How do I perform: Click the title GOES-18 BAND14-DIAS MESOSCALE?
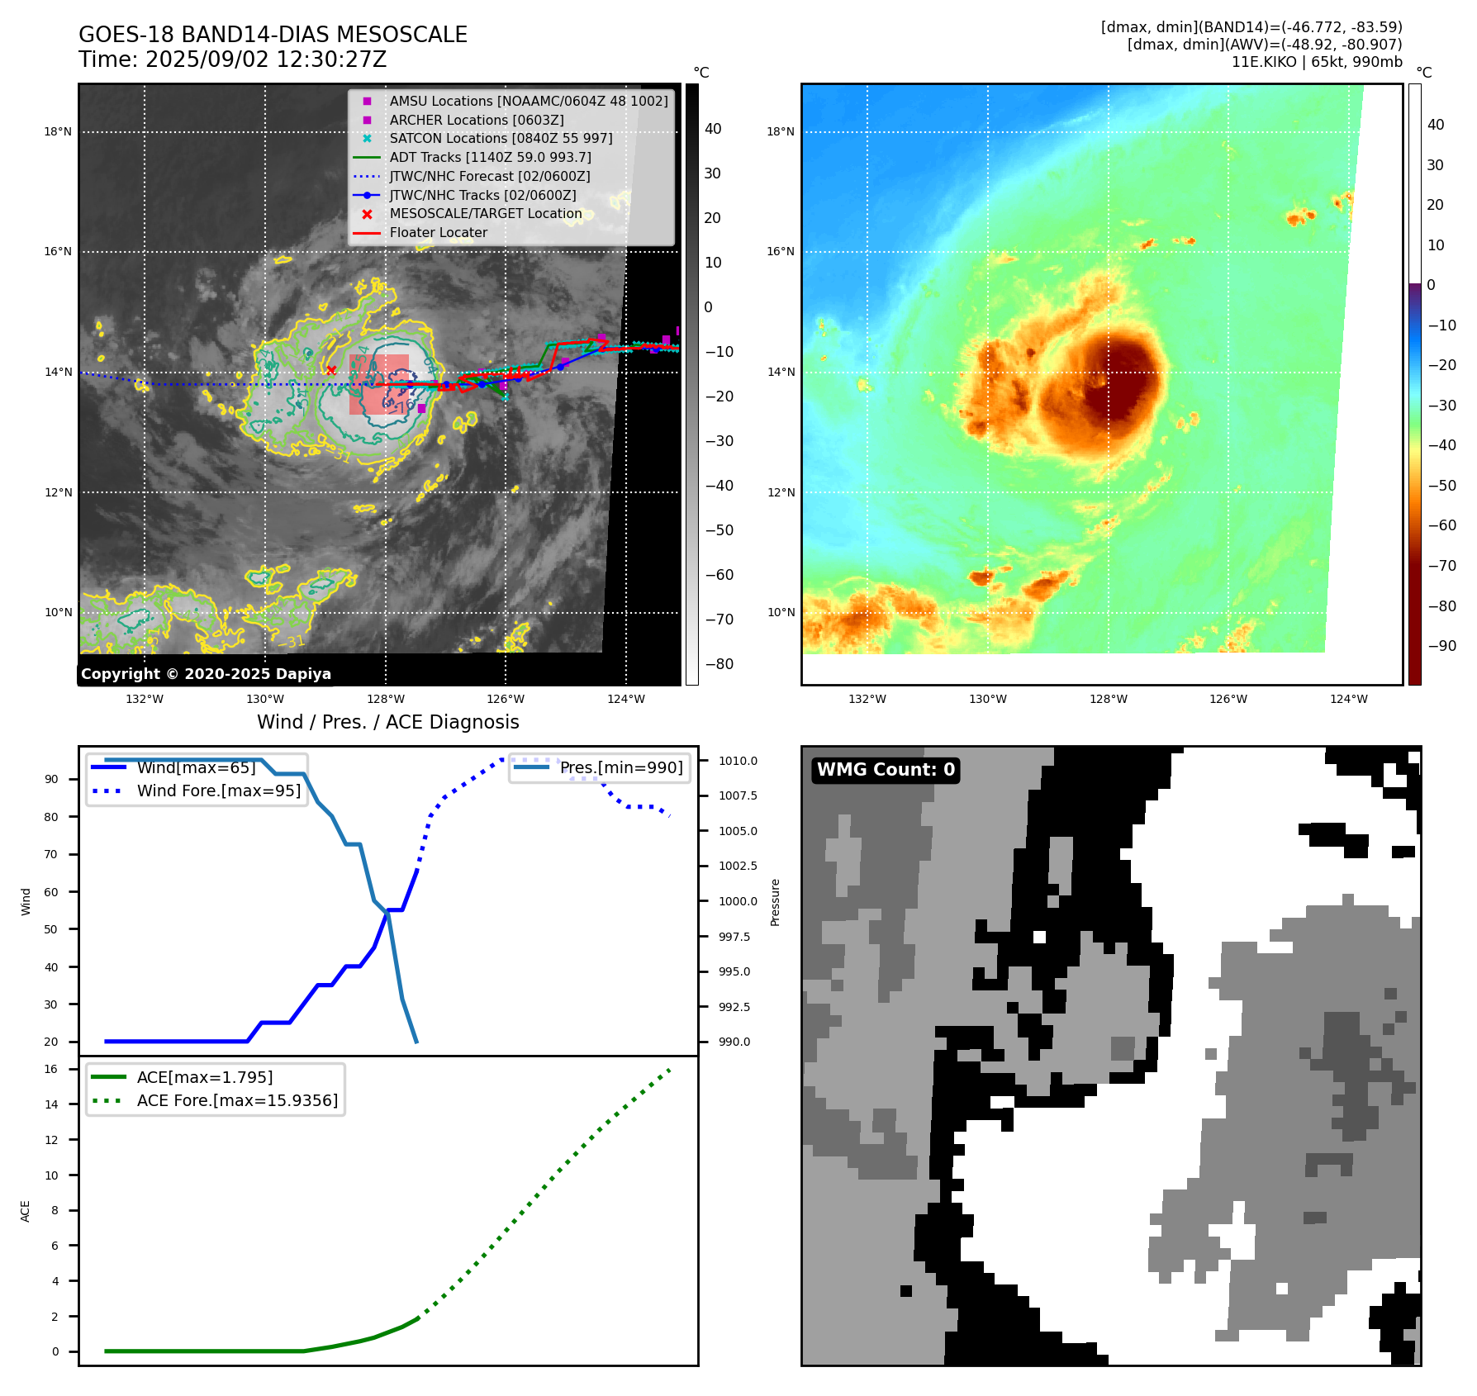click(x=273, y=35)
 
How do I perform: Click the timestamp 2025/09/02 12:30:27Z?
click(x=265, y=59)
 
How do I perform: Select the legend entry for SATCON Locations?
click(x=501, y=139)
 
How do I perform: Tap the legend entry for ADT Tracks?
click(x=490, y=157)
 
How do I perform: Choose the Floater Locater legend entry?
click(x=438, y=233)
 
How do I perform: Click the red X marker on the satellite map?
click(x=331, y=371)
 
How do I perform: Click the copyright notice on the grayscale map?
click(x=206, y=674)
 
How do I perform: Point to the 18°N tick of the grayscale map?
click(x=58, y=132)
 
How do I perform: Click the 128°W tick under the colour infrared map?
click(x=1108, y=700)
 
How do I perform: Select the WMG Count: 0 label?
click(x=886, y=770)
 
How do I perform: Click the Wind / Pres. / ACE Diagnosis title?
click(x=388, y=723)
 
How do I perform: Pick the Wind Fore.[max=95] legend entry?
click(x=219, y=791)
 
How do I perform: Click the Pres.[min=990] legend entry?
click(x=621, y=768)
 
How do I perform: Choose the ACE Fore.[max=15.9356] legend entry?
click(x=237, y=1101)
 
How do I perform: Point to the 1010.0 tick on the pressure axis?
click(x=738, y=761)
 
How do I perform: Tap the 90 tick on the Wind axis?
click(x=52, y=780)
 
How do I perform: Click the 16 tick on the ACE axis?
click(x=52, y=1070)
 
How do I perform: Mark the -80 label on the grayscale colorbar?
click(x=719, y=664)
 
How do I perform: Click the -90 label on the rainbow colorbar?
click(x=1442, y=646)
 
